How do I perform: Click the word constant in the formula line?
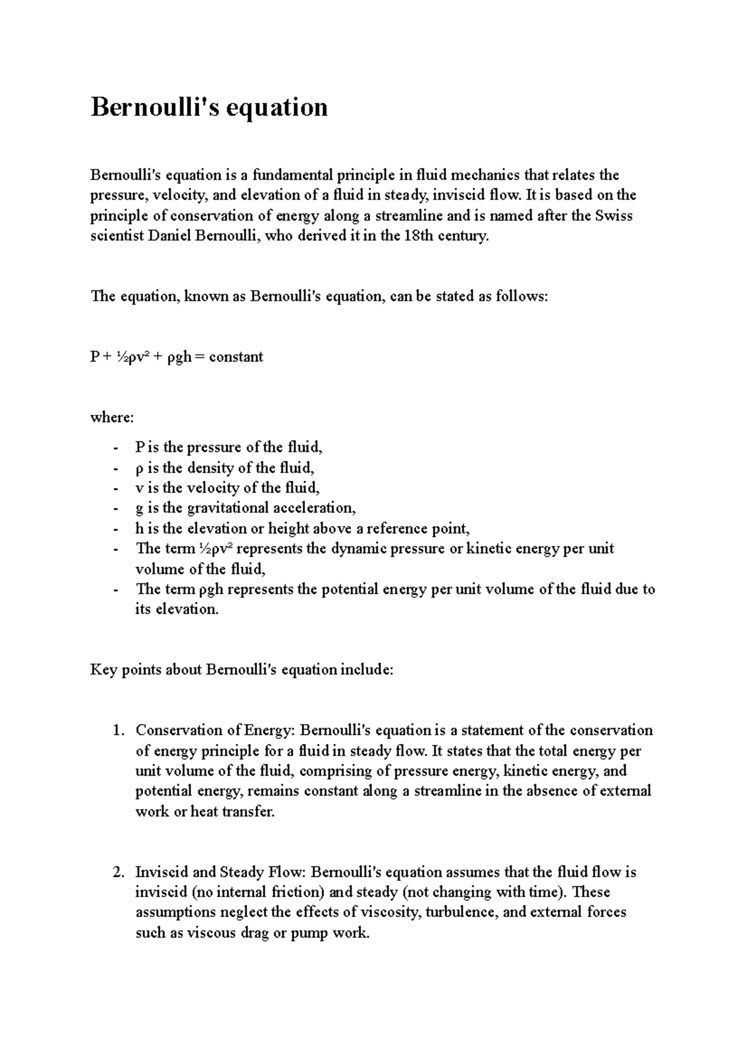tap(236, 357)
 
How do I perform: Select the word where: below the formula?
tap(112, 418)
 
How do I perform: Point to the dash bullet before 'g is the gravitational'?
tap(115, 509)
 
